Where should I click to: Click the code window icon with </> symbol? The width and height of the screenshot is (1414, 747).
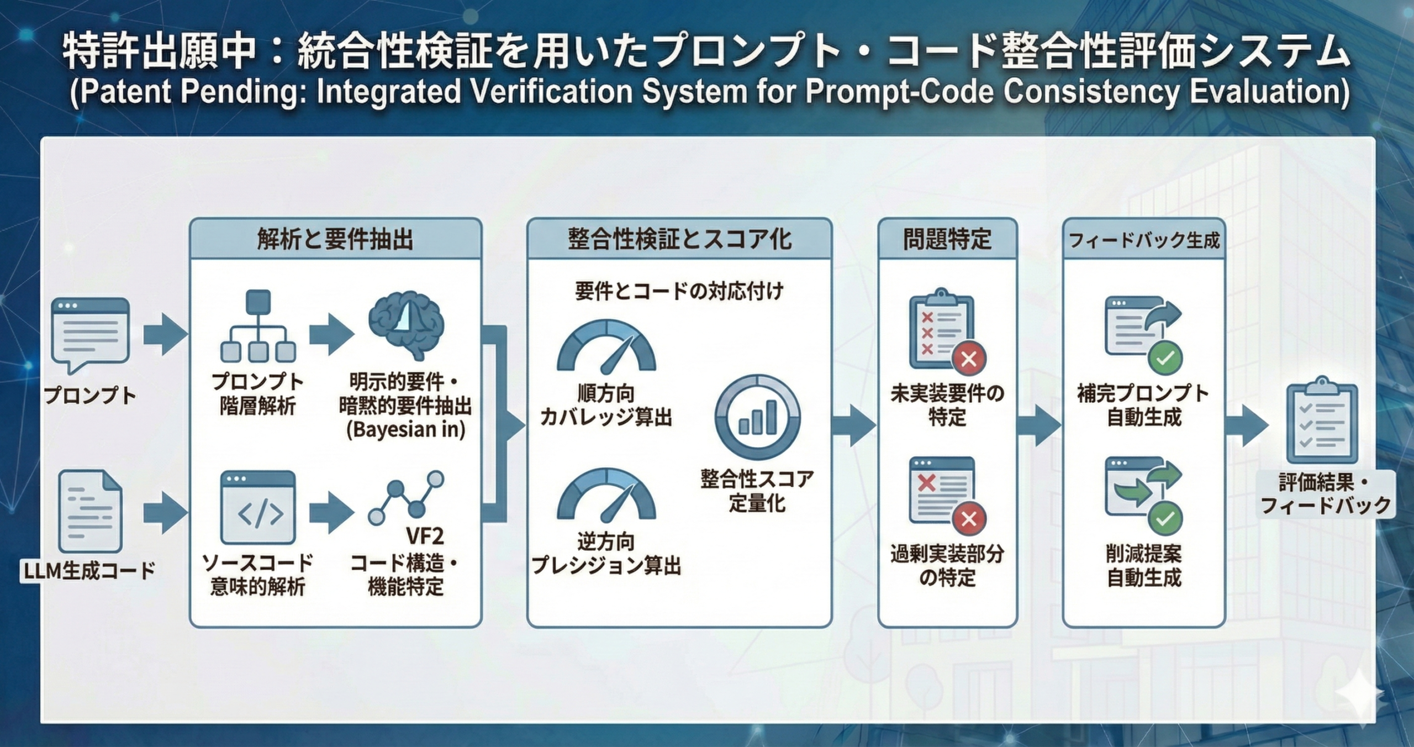[258, 507]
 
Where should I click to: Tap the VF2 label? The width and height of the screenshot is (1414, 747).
[424, 536]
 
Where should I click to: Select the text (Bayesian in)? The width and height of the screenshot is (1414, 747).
[406, 430]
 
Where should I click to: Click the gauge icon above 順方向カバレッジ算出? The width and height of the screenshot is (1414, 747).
[606, 347]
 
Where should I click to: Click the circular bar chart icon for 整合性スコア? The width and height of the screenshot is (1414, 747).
[757, 417]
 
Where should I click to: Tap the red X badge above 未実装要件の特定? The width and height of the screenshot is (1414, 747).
[969, 360]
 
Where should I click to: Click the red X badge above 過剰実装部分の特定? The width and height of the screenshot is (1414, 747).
[969, 518]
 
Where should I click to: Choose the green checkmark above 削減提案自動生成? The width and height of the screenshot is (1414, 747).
[1165, 518]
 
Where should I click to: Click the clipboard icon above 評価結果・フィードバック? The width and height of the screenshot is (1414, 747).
[1322, 421]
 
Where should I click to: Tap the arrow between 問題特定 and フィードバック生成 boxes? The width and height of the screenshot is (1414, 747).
[1040, 425]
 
